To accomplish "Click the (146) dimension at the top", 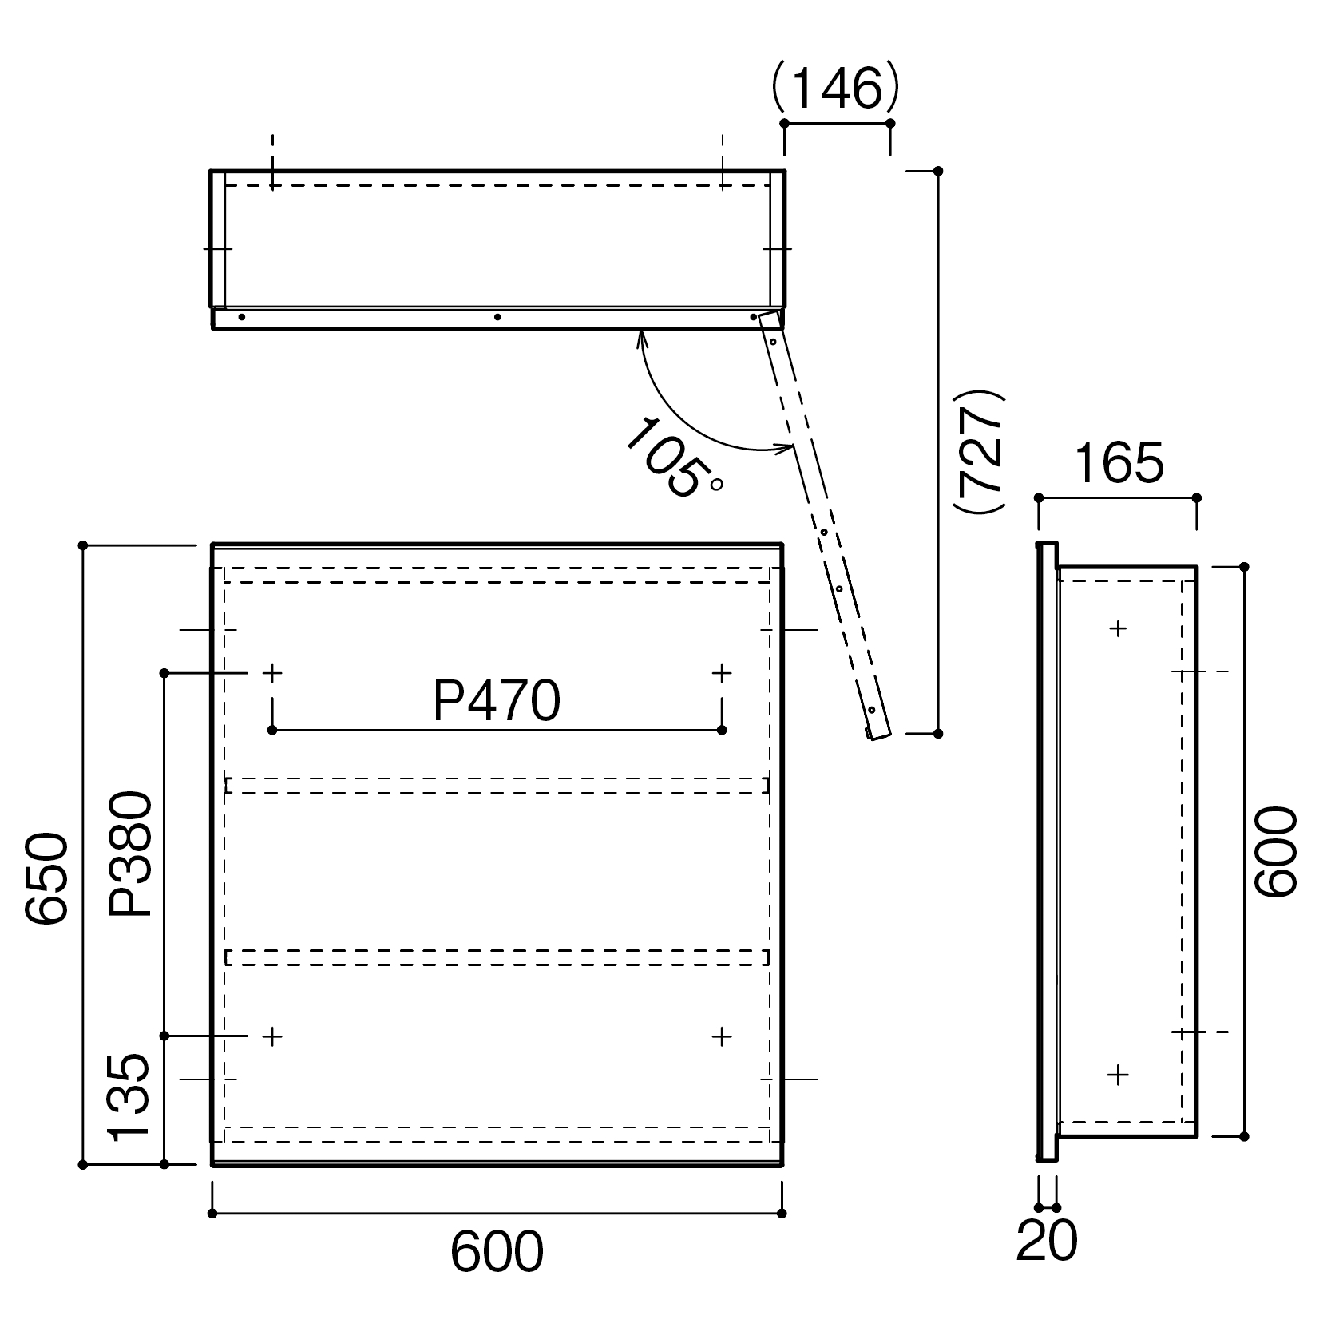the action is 836,89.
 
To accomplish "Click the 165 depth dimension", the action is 1118,464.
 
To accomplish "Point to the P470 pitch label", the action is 497,702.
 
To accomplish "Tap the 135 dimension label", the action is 129,1097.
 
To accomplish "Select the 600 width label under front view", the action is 497,1251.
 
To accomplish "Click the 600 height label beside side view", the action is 1276,851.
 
